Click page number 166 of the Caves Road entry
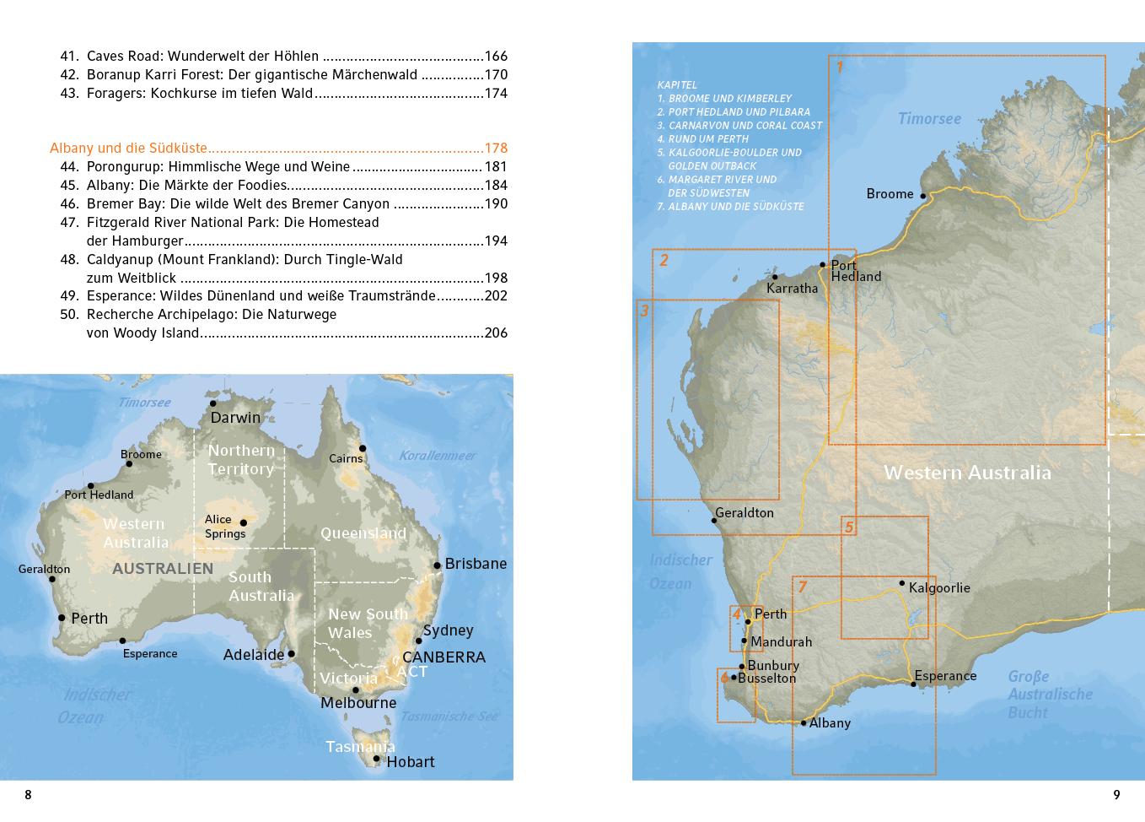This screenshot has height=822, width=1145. coord(496,57)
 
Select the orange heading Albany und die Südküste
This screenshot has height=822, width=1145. coord(128,149)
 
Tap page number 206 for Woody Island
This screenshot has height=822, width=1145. coord(496,333)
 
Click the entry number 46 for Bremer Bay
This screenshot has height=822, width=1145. coord(69,204)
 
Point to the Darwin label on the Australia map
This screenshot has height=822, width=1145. coord(235,418)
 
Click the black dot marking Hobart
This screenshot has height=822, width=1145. coord(377,759)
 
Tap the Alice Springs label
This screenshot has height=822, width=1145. coord(224,527)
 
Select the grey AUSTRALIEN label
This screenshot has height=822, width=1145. coord(163,569)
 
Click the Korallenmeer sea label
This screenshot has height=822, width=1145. coord(437,456)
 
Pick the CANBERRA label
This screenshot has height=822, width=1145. coord(443,657)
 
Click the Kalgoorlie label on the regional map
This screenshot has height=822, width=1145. coord(939,588)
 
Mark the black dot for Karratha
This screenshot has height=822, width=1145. coord(775,277)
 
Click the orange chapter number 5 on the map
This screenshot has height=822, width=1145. coord(849,528)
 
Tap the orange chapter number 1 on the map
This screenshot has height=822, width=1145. coord(839,67)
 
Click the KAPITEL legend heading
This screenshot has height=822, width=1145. coord(677,85)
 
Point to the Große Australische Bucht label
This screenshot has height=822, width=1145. coord(1050,695)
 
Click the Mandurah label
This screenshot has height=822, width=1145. coord(781,642)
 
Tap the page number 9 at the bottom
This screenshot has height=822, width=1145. coord(1116,795)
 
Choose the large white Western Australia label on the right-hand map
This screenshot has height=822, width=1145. coord(967,473)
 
